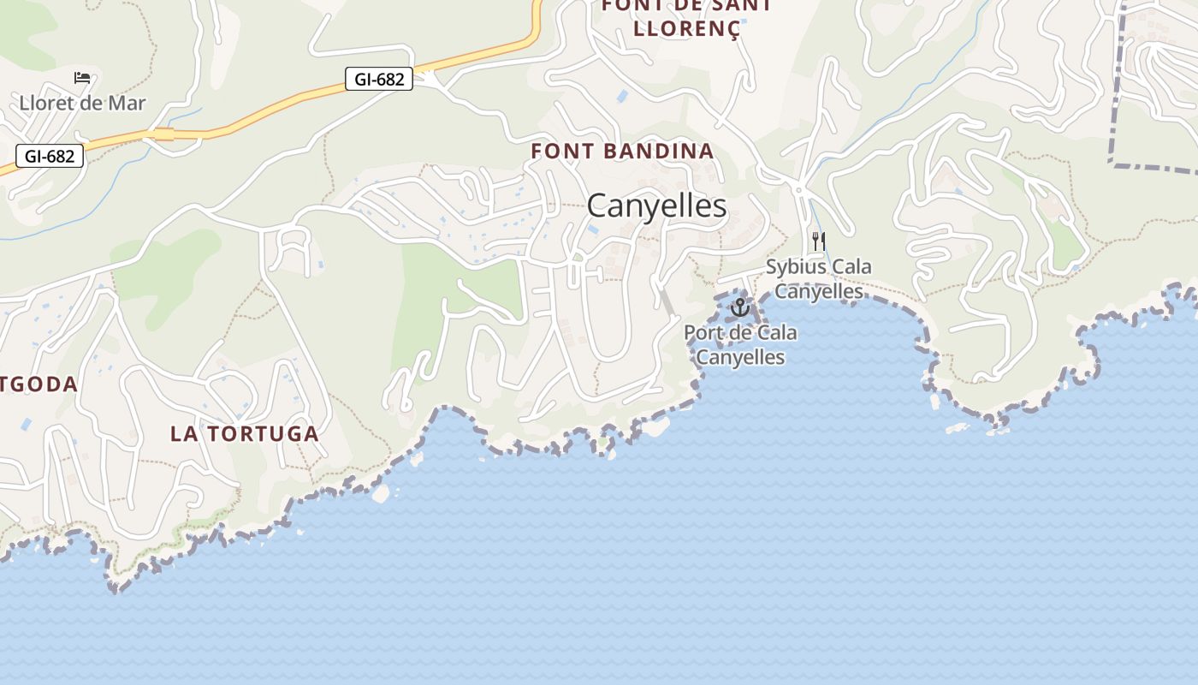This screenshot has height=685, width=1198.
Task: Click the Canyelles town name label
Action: [x=656, y=205]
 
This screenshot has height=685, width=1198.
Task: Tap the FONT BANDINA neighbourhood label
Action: [x=622, y=152]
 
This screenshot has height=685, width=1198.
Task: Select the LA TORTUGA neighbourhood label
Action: [x=245, y=433]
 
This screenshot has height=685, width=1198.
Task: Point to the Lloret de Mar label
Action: [x=82, y=104]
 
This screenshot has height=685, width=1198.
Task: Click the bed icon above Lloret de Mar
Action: [x=82, y=78]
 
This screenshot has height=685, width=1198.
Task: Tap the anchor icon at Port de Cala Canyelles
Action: [x=740, y=307]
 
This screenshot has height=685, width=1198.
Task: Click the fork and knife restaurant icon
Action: [x=819, y=241]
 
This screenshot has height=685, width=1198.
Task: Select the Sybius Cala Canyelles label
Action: [x=819, y=279]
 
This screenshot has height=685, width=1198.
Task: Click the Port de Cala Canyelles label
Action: [x=740, y=344]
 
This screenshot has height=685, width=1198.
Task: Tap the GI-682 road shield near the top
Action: [x=379, y=80]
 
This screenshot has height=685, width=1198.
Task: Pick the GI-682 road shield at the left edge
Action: [x=50, y=157]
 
